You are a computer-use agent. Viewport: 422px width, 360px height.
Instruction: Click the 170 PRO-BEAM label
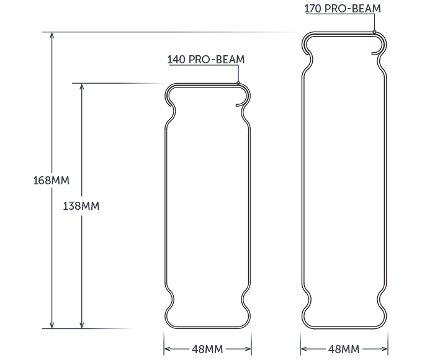tap(343, 9)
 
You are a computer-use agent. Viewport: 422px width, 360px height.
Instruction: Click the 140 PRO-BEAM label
tap(205, 60)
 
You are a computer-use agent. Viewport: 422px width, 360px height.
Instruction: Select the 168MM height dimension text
tap(51, 181)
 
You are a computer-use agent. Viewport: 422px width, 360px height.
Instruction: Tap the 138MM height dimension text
tap(81, 205)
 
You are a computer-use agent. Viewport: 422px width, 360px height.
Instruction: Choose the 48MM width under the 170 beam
tap(343, 349)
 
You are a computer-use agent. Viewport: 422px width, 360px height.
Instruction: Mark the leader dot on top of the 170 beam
tap(375, 32)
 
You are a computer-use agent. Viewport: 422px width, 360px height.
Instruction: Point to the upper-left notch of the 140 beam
tap(170, 113)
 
